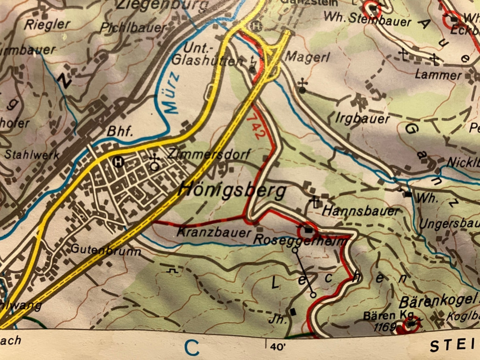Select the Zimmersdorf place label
tap(209, 154)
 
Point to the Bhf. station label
tap(121, 132)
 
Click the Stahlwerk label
tap(32, 155)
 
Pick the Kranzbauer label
tap(214, 231)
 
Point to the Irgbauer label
tap(363, 119)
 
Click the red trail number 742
tap(257, 123)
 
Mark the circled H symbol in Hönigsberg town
tap(119, 162)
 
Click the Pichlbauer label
tap(133, 27)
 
